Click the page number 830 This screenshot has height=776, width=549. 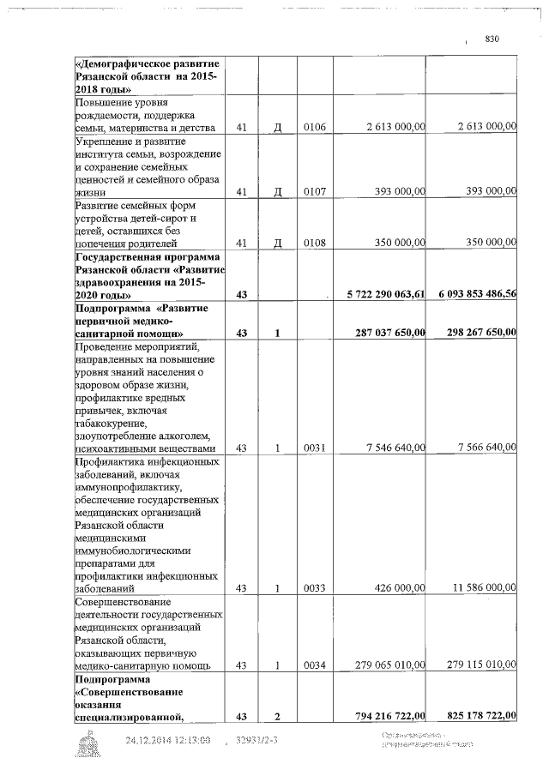point(492,39)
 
